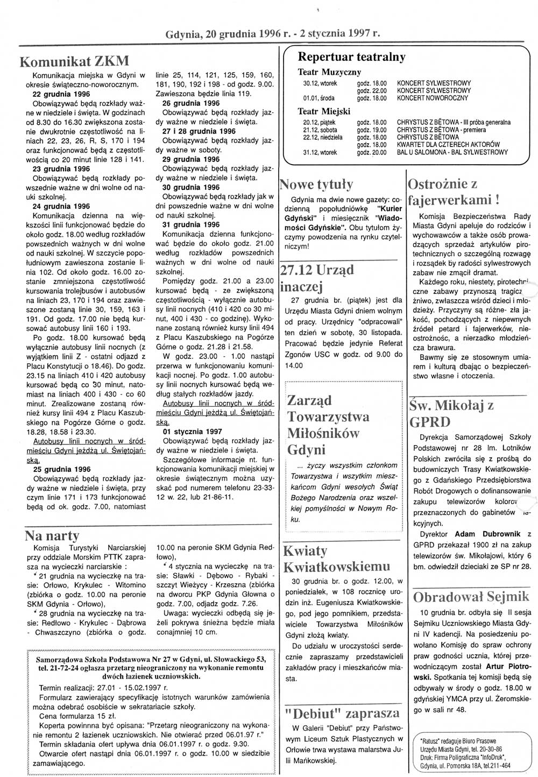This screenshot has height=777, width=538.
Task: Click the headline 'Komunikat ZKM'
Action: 74,60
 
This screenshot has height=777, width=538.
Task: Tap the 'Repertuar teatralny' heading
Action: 351,57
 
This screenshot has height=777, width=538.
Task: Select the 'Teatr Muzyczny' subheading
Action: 329,72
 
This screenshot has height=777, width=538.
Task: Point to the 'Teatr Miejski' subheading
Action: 324,111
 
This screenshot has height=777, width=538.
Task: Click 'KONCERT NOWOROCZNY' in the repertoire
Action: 433,98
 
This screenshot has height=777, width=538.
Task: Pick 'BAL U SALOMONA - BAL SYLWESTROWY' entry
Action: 452,152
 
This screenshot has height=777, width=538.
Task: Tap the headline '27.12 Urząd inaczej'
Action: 317,277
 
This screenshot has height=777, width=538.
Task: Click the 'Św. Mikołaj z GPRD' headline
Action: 451,413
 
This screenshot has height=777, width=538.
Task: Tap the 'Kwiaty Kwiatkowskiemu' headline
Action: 336,559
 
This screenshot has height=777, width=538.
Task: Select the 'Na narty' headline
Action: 52,535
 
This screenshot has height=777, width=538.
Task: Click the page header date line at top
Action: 273,33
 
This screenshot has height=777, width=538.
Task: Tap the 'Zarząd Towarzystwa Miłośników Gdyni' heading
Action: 328,425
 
